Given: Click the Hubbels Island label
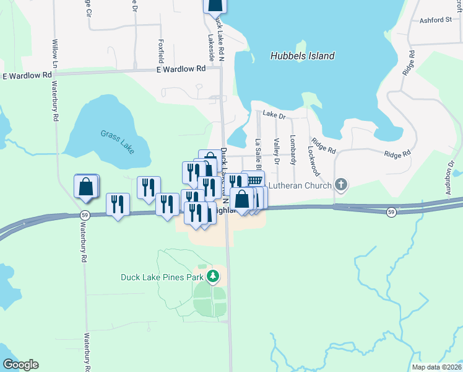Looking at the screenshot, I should click(302, 56).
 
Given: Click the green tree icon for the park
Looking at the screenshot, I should click(214, 276).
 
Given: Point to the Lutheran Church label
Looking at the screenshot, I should click(301, 184).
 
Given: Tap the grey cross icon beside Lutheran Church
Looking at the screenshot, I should click(340, 184).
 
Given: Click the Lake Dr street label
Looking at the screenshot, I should click(274, 115).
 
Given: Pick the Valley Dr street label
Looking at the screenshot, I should click(277, 152).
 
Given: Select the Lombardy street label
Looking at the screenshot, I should click(293, 149).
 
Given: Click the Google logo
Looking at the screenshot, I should click(20, 365).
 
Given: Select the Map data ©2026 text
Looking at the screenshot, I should click(436, 367).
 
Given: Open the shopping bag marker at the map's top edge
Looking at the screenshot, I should click(214, 5).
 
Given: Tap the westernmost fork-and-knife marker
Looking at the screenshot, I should click(118, 203).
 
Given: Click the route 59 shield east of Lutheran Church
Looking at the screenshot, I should click(391, 212).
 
